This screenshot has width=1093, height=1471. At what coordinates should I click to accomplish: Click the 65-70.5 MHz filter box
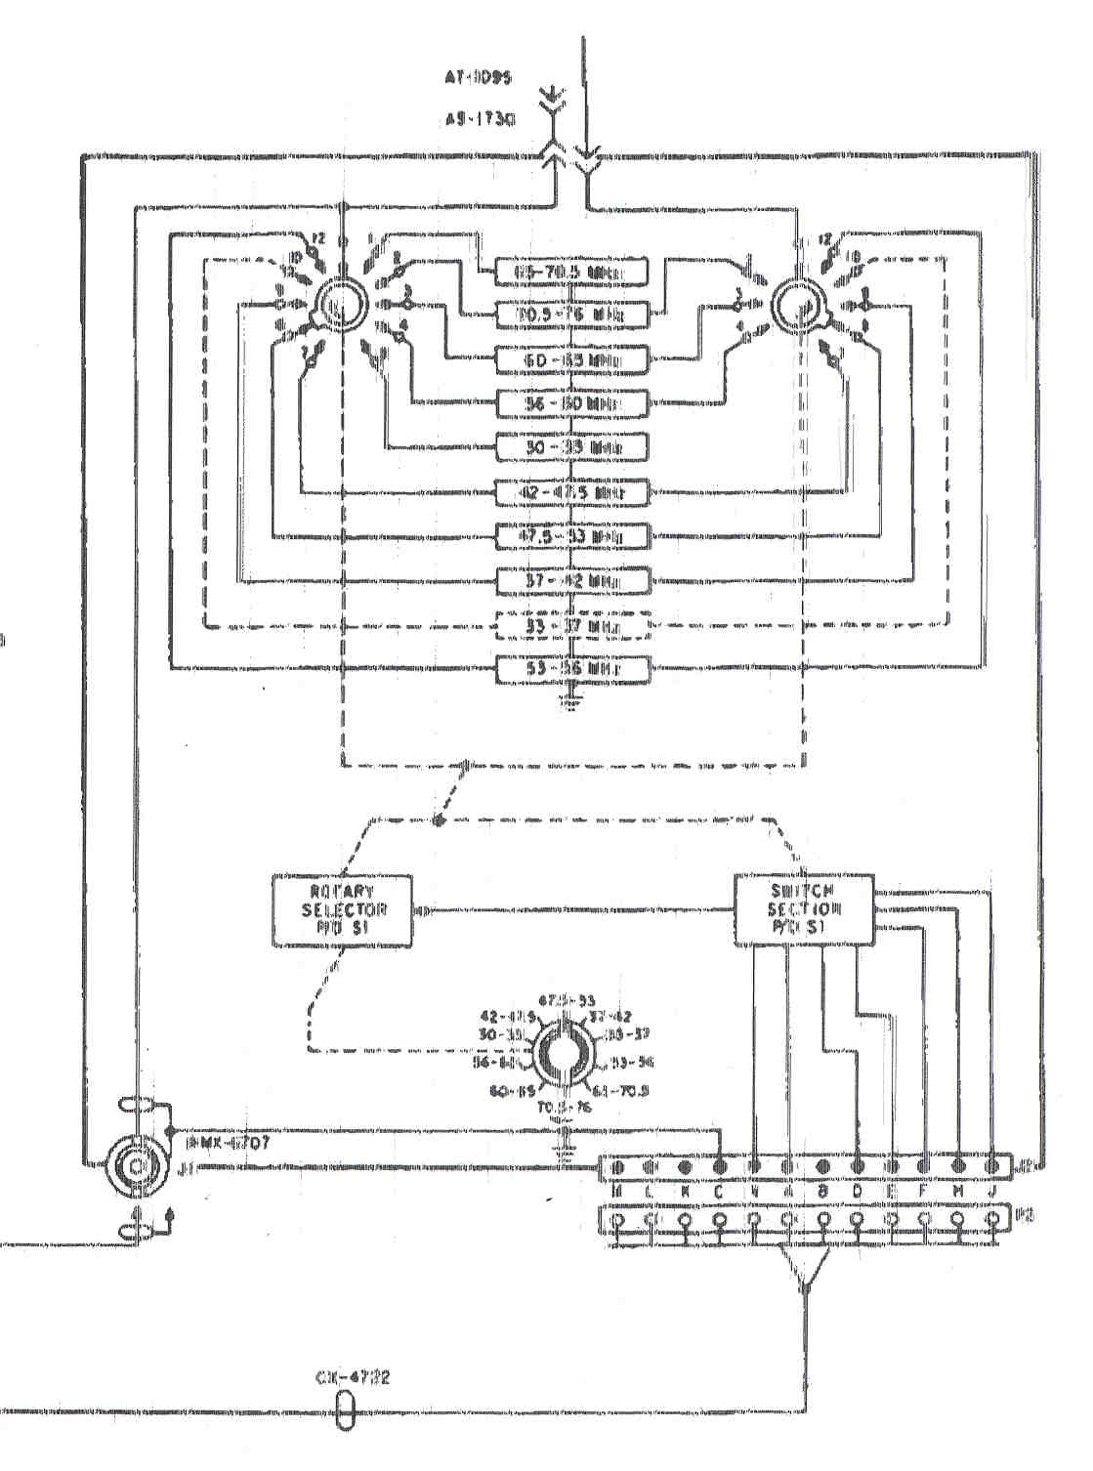point(571,273)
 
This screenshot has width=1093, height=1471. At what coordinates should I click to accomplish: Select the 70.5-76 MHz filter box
point(571,316)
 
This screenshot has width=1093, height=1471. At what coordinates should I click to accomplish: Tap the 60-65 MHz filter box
point(571,360)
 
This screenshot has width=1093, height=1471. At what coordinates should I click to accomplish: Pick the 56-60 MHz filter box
point(571,403)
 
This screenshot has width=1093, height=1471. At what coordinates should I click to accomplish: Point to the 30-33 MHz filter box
point(571,447)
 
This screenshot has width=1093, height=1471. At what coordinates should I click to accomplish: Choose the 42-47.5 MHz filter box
point(571,493)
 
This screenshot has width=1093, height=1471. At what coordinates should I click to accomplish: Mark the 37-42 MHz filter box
point(571,580)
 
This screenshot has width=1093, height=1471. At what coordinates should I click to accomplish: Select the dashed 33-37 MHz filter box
point(571,625)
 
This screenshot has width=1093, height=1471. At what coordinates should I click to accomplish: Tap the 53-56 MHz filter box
point(571,670)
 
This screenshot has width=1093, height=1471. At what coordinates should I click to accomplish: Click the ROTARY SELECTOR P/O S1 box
point(342,910)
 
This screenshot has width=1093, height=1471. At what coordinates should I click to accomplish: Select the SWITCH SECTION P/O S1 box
point(804,910)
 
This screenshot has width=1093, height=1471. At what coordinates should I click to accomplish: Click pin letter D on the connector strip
point(857,1193)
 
